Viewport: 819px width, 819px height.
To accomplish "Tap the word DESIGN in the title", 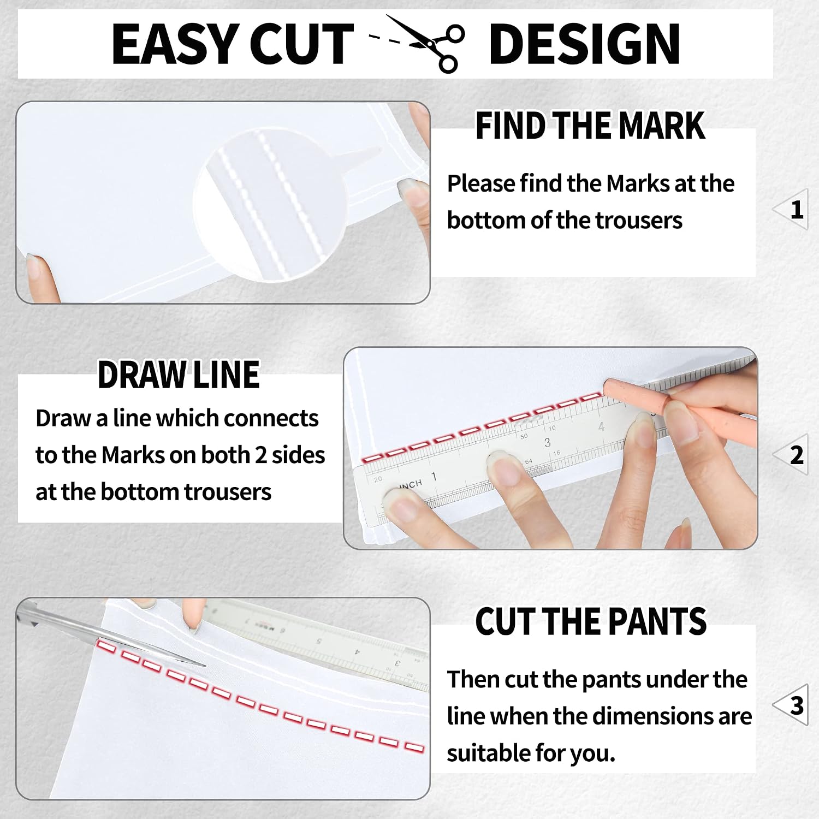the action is point(584,44).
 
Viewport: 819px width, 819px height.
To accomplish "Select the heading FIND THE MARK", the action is point(590,126).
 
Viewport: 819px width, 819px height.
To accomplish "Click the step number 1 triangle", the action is point(792,209).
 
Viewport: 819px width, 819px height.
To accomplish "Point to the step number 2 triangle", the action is point(792,455).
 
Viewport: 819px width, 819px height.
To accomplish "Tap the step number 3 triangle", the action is point(792,705).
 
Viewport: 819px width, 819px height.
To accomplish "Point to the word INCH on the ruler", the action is point(411,484).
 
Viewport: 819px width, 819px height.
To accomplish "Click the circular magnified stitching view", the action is point(270,205).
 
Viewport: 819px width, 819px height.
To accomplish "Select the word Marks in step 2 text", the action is point(129,455).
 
